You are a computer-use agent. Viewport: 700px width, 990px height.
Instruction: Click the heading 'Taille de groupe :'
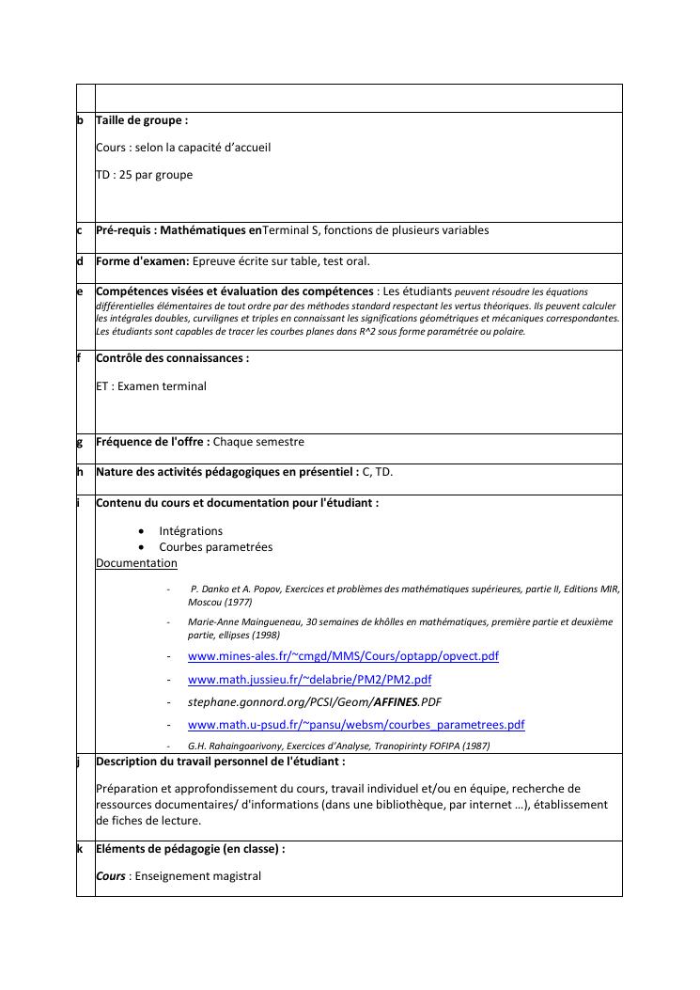click(142, 120)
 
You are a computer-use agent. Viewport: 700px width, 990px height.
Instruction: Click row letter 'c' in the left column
click(80, 230)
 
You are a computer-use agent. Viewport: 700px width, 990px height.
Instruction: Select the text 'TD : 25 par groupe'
click(144, 175)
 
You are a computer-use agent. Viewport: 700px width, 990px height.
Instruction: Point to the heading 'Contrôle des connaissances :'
click(172, 358)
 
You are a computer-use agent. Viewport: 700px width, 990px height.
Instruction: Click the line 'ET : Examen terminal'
click(151, 386)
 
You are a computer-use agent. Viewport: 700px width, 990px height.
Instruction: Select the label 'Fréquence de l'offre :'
click(153, 442)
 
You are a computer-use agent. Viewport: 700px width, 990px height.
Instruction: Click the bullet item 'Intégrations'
click(191, 531)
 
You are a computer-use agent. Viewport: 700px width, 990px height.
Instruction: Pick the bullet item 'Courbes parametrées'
click(215, 547)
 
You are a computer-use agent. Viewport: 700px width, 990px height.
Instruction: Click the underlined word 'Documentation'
click(136, 563)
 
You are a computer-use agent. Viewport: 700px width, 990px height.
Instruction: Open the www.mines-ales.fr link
click(343, 656)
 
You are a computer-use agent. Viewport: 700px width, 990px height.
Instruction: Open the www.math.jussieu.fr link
click(309, 679)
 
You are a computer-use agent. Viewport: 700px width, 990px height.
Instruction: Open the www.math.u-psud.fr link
click(356, 725)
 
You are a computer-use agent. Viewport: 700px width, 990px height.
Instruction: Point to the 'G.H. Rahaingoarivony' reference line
click(338, 746)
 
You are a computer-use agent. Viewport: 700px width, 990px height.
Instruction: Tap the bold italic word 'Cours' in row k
click(111, 876)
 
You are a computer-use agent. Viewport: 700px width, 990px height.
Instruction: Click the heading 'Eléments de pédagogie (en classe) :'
click(190, 849)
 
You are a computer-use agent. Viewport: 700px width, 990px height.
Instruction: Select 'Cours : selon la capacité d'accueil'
click(183, 148)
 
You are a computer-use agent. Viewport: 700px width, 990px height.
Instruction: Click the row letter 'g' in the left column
click(80, 442)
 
